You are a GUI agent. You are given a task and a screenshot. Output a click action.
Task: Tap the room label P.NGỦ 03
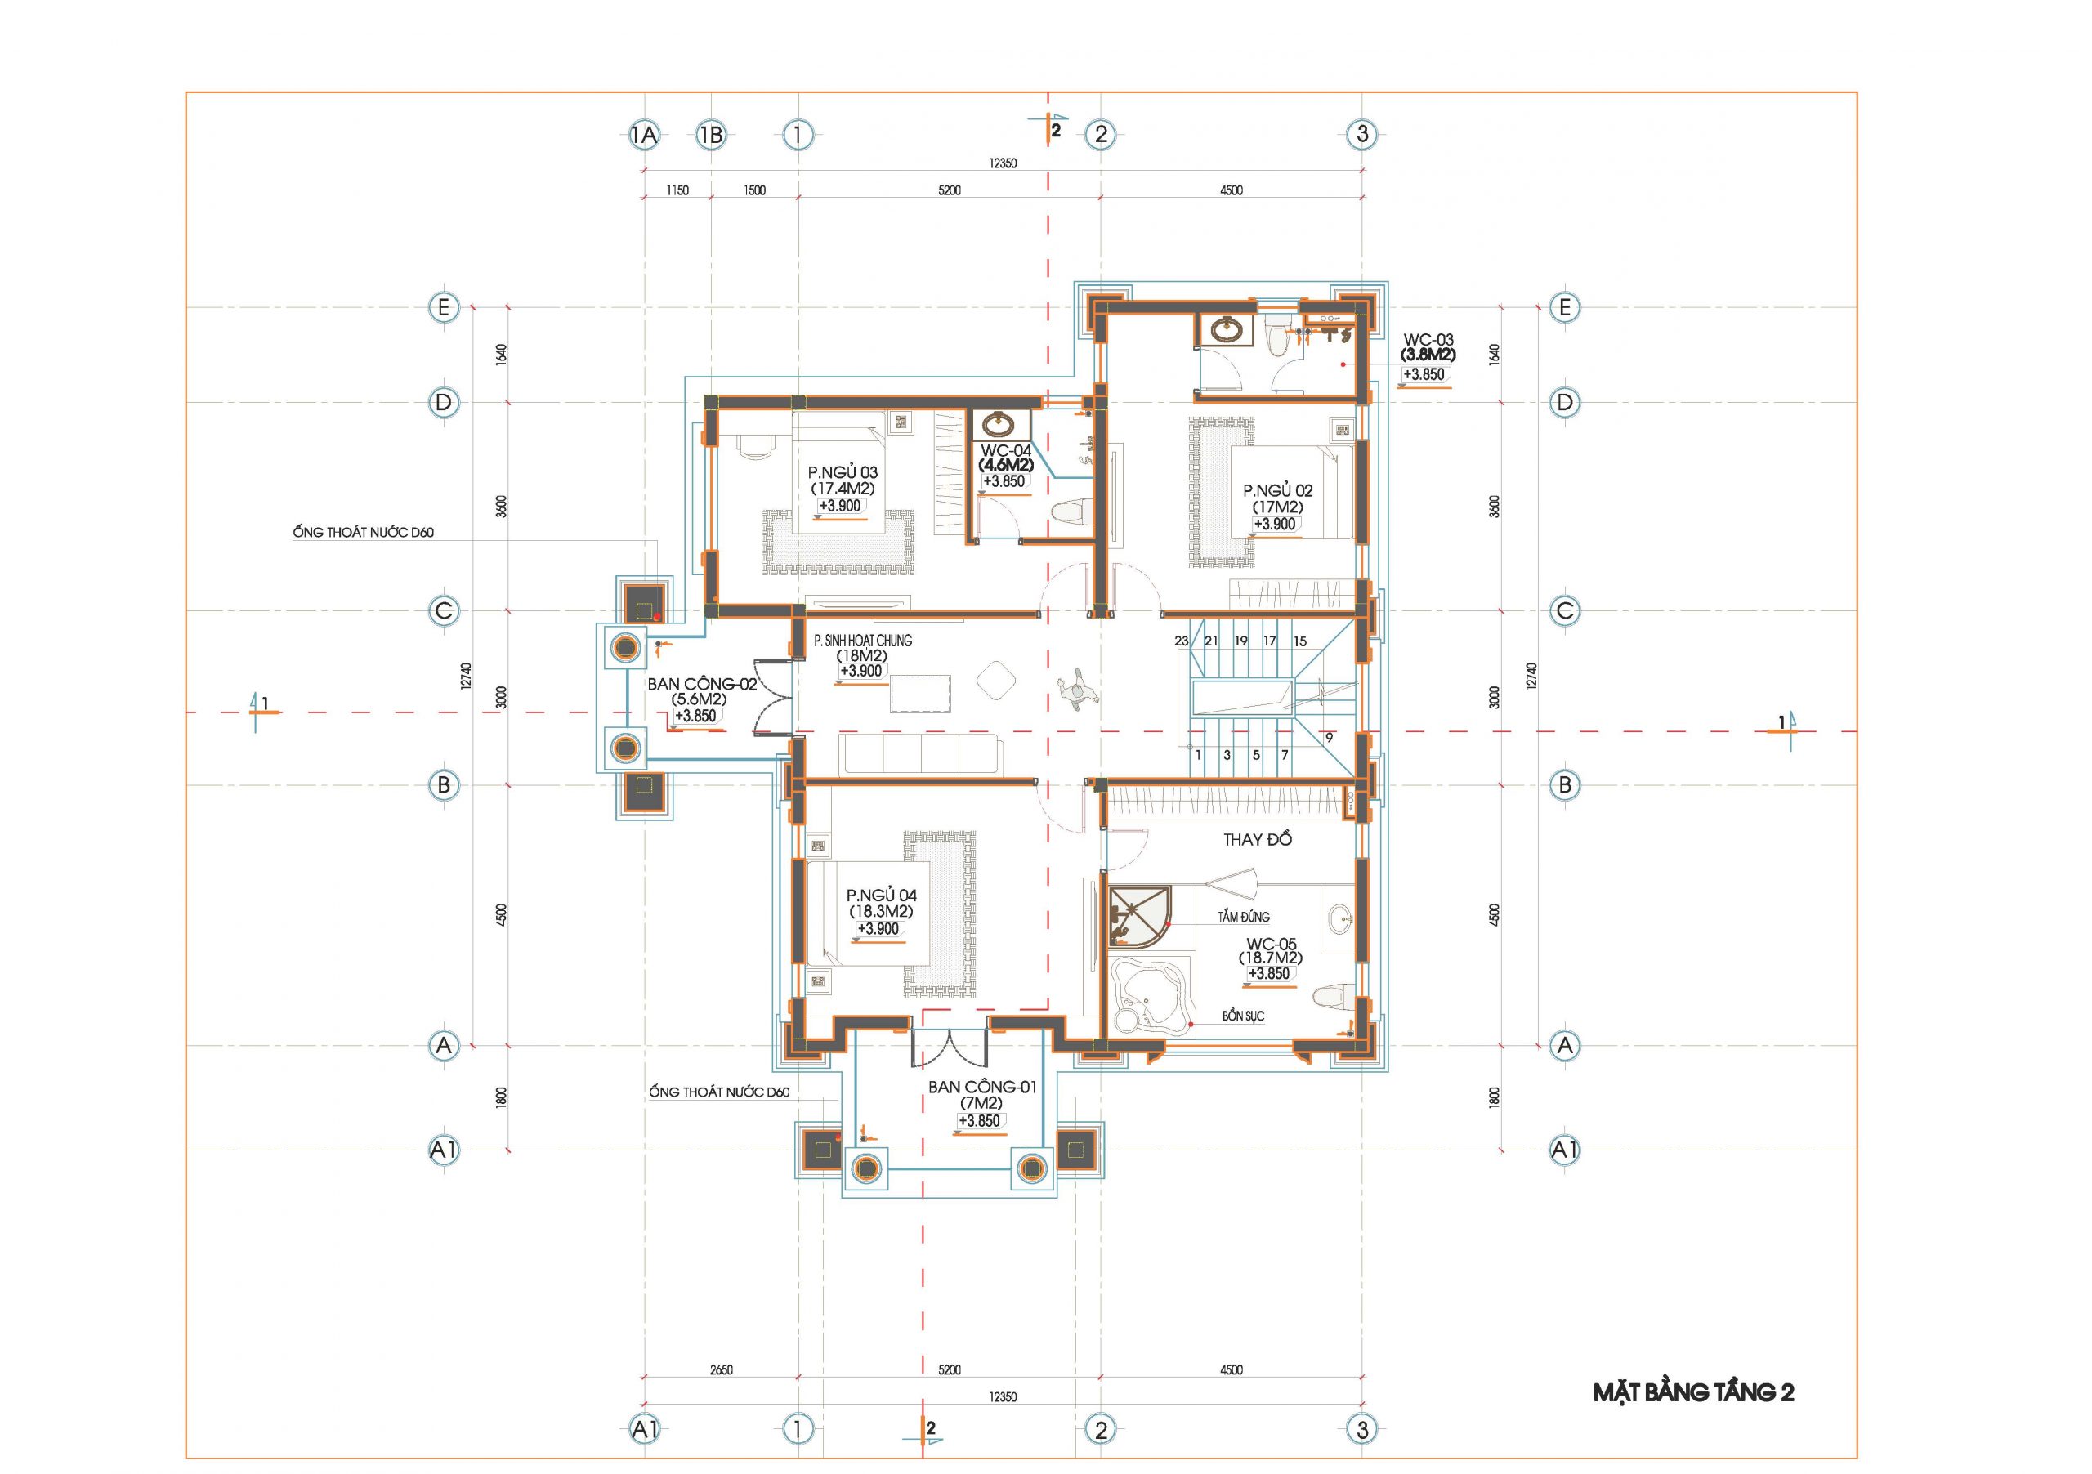point(843,472)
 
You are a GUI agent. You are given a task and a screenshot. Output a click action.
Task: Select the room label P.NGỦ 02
point(1277,491)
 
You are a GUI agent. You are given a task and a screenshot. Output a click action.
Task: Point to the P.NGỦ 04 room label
point(881,896)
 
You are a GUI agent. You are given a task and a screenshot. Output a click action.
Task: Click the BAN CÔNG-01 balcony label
point(982,1087)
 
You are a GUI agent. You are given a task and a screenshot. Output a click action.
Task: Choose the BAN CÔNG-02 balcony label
point(702,684)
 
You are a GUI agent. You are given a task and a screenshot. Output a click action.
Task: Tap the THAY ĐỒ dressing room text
point(1258,839)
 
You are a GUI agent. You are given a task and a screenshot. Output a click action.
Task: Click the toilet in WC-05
point(1332,996)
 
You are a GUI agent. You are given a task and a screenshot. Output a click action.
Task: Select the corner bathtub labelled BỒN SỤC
point(1151,995)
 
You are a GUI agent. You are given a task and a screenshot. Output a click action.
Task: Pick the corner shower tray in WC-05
point(1135,918)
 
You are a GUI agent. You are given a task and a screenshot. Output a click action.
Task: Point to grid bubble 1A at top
point(644,136)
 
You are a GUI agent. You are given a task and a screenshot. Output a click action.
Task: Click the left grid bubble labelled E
point(444,307)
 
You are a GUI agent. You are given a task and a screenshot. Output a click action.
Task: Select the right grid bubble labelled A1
point(1564,1150)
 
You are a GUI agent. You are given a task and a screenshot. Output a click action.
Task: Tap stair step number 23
point(1182,641)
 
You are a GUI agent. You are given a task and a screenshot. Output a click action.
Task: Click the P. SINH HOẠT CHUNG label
point(862,641)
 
